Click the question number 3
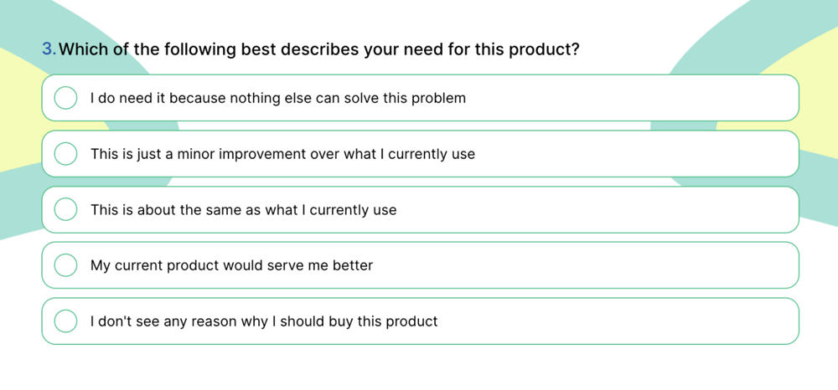[48, 49]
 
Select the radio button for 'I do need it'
[65, 98]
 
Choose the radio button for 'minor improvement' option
[65, 154]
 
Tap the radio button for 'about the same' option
[65, 209]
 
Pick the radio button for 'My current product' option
[65, 265]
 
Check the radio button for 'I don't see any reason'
[65, 321]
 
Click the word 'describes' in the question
[317, 49]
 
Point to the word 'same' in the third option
[221, 209]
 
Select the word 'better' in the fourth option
[352, 265]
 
